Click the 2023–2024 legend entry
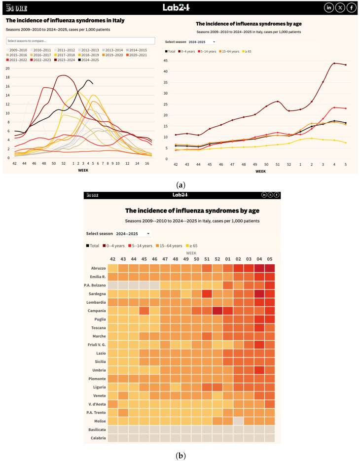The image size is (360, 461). [62, 60]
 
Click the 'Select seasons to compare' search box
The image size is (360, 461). [80, 40]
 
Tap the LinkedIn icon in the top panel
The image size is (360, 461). [328, 7]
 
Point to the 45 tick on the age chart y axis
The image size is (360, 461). [165, 61]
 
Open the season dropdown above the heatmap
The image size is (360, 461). [133, 233]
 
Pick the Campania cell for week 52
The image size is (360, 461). [217, 311]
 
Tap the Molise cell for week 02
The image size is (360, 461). [238, 421]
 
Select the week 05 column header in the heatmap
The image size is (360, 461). [269, 258]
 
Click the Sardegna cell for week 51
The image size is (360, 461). [207, 294]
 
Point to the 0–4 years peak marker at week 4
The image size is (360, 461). [334, 63]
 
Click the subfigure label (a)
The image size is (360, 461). [180, 185]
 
